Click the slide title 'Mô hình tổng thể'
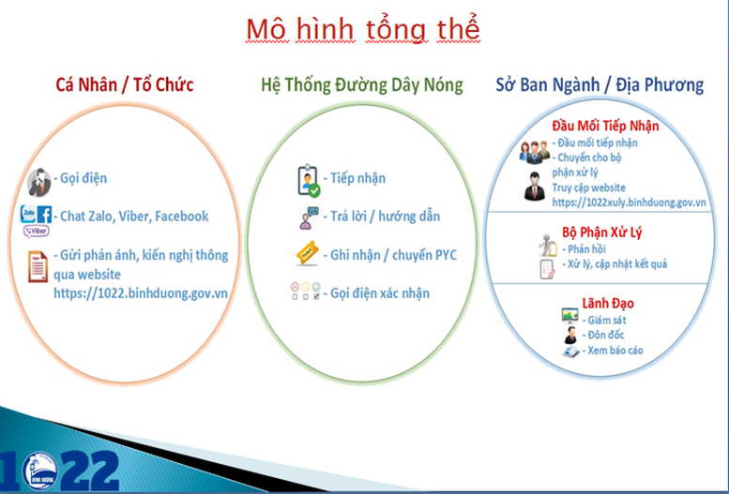pyautogui.click(x=363, y=30)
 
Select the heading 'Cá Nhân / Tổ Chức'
pyautogui.click(x=125, y=84)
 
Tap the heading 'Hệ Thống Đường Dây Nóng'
pyautogui.click(x=362, y=85)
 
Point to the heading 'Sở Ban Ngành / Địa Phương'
pyautogui.click(x=600, y=84)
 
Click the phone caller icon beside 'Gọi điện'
pyautogui.click(x=39, y=182)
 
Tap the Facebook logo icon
pyautogui.click(x=44, y=215)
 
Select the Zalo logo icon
pyautogui.click(x=28, y=214)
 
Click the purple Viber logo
pyautogui.click(x=37, y=231)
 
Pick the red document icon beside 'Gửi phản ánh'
pyautogui.click(x=38, y=266)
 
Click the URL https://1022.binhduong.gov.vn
pyautogui.click(x=141, y=293)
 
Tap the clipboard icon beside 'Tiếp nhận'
pyautogui.click(x=309, y=180)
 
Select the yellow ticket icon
pyautogui.click(x=308, y=253)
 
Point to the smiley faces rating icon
pyautogui.click(x=306, y=291)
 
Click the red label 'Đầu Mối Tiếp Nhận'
pyautogui.click(x=605, y=126)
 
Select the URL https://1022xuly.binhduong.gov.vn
pyautogui.click(x=629, y=202)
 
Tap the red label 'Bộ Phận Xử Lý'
pyautogui.click(x=601, y=232)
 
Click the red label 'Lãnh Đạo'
pyautogui.click(x=608, y=304)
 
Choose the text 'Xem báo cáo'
pyautogui.click(x=613, y=351)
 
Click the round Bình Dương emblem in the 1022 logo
pyautogui.click(x=39, y=472)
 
